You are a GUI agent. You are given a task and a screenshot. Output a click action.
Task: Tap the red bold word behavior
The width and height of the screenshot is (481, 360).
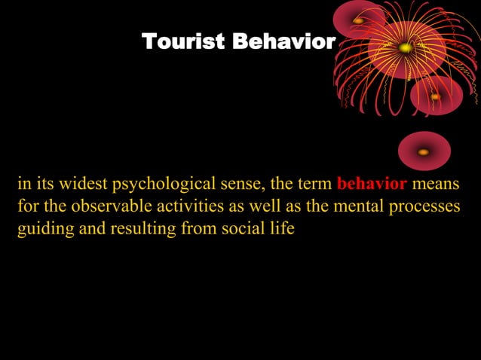pyautogui.click(x=372, y=185)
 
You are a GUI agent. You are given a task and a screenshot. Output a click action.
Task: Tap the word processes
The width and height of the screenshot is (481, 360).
pyautogui.click(x=422, y=207)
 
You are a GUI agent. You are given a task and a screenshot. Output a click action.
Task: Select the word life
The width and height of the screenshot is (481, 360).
pyautogui.click(x=281, y=228)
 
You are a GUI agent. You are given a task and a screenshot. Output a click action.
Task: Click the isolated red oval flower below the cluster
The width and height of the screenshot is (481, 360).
pyautogui.click(x=424, y=151)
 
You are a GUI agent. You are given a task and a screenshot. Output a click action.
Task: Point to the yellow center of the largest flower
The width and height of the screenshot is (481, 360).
pyautogui.click(x=406, y=48)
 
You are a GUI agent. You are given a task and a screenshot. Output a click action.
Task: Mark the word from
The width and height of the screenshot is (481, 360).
pyautogui.click(x=196, y=229)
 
